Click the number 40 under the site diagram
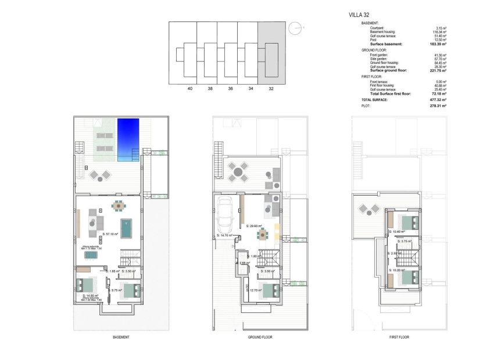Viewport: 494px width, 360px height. point(189,89)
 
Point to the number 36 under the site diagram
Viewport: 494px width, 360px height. point(230,89)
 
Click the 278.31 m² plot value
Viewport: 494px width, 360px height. point(438,106)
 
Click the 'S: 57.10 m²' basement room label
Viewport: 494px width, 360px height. point(110,234)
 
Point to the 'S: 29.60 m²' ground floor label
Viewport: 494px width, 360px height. point(254,226)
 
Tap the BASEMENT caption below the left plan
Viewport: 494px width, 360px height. point(121,337)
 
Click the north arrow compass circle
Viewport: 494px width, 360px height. point(296,27)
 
